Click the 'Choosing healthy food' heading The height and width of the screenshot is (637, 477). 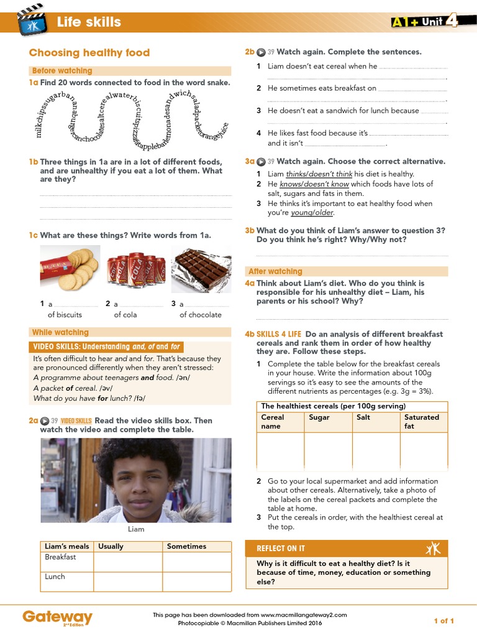click(x=89, y=53)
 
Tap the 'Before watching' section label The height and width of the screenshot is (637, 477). click(x=62, y=71)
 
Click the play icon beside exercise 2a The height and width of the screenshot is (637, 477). click(x=45, y=421)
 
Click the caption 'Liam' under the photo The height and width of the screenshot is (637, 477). click(x=136, y=529)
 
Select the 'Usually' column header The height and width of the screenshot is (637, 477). click(x=111, y=546)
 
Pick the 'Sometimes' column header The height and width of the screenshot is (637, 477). click(x=186, y=546)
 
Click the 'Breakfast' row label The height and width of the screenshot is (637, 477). click(x=60, y=557)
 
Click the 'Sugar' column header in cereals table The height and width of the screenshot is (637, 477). click(x=319, y=417)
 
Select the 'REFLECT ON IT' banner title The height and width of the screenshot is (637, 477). click(x=281, y=548)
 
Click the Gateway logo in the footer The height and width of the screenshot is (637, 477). click(x=57, y=617)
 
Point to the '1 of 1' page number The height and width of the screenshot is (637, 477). click(x=443, y=621)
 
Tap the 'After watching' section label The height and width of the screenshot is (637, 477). click(x=275, y=272)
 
